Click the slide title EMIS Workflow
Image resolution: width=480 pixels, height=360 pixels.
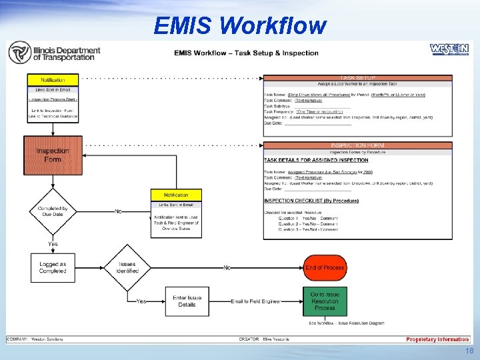(239, 25)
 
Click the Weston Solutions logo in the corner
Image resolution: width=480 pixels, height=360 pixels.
(449, 50)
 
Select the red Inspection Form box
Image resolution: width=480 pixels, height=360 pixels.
(53, 155)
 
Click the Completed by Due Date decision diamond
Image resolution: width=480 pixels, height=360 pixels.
(53, 212)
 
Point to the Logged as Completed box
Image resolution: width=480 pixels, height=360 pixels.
(53, 267)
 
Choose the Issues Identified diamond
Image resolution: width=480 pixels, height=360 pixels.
(127, 267)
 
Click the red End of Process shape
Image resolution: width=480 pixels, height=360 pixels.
(325, 267)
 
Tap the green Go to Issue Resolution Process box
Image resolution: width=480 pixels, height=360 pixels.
(325, 301)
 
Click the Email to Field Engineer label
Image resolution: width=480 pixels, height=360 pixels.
(255, 301)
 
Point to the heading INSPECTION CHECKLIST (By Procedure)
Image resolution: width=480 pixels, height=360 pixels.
(311, 201)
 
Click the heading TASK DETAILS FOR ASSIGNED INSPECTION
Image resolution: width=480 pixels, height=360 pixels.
(316, 160)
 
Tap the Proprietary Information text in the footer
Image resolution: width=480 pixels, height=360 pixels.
(437, 339)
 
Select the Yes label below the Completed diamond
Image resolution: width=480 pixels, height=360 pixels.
(53, 244)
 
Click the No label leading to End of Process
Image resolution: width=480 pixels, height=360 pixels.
(227, 267)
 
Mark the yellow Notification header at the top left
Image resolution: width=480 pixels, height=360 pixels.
(53, 80)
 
